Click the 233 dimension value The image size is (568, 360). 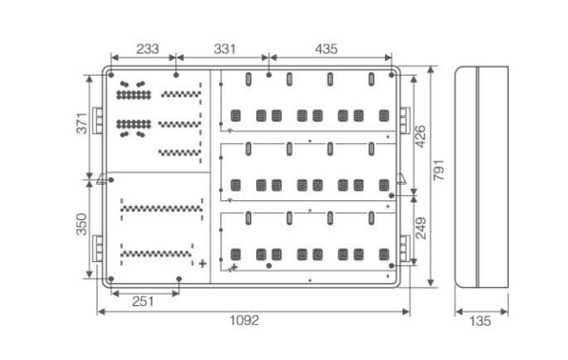[x=148, y=48]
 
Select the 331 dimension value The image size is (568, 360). [x=224, y=48]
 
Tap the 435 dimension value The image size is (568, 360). [x=326, y=48]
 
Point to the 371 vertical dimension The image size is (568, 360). [x=82, y=123]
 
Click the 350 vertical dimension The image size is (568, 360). [x=82, y=224]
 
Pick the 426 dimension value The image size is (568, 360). [x=420, y=137]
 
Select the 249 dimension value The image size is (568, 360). [x=420, y=229]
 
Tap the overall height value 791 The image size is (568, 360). [x=439, y=170]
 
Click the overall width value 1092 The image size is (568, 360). [x=245, y=320]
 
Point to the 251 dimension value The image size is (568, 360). [x=143, y=301]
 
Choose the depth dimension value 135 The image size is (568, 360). [x=480, y=320]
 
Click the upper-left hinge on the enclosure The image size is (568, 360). [x=97, y=120]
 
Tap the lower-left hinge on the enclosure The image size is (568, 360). [x=97, y=248]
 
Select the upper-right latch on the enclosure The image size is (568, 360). [x=405, y=120]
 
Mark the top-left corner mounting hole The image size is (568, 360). [x=111, y=75]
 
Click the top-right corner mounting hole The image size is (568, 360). [x=391, y=75]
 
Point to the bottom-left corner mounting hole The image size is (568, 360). [x=111, y=279]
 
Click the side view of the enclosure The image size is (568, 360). [x=481, y=177]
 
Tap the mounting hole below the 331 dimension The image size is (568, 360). [x=269, y=75]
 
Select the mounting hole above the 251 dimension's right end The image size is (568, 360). [x=179, y=279]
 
